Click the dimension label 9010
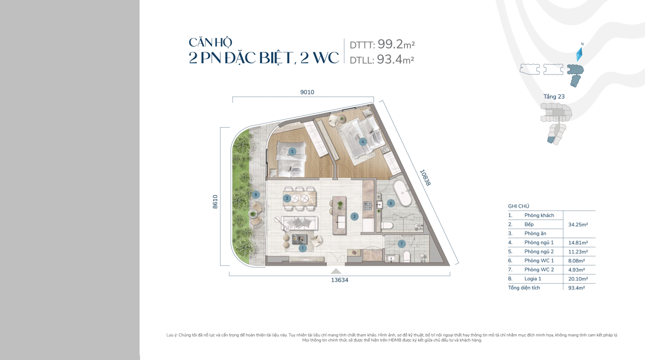point(307,92)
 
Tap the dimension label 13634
point(340,280)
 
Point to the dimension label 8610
point(215,202)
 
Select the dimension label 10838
point(425,178)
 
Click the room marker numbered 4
point(363,141)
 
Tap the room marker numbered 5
point(292,151)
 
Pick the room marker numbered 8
point(256,195)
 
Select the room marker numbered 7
point(402,244)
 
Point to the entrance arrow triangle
point(336,271)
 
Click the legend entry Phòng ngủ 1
point(539,242)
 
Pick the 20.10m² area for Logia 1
point(578,279)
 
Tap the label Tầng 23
point(554,97)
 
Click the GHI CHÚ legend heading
point(519,206)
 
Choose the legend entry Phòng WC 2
point(539,270)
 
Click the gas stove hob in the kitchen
point(367,205)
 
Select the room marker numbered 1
point(302,248)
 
